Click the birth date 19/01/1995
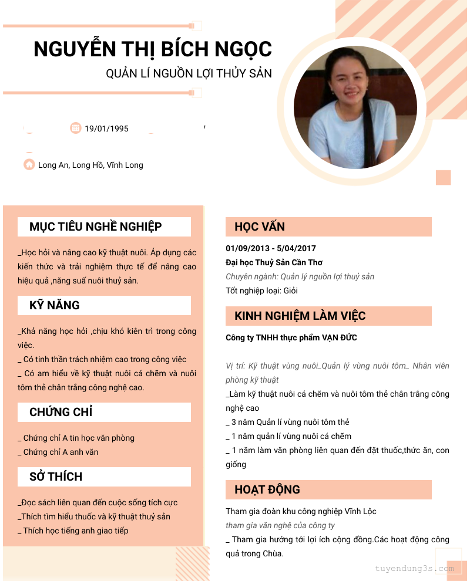click(x=106, y=129)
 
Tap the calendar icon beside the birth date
click(x=76, y=128)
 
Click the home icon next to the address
click(x=29, y=165)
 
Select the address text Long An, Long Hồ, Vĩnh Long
click(x=90, y=165)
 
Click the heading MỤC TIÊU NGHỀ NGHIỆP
click(x=96, y=227)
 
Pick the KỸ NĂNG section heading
click(x=55, y=305)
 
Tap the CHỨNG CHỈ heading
click(x=61, y=412)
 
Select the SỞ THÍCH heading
click(x=56, y=477)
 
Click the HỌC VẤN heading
click(x=260, y=227)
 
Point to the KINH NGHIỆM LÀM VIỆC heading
click(x=300, y=316)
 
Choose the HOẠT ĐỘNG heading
click(x=267, y=489)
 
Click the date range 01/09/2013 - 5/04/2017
click(x=271, y=248)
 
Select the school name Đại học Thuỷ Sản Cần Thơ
click(x=274, y=262)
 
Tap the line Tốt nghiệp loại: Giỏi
click(x=261, y=290)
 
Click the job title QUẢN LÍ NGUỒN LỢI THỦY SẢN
click(x=189, y=73)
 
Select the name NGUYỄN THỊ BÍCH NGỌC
click(x=153, y=49)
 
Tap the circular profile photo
click(x=355, y=107)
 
